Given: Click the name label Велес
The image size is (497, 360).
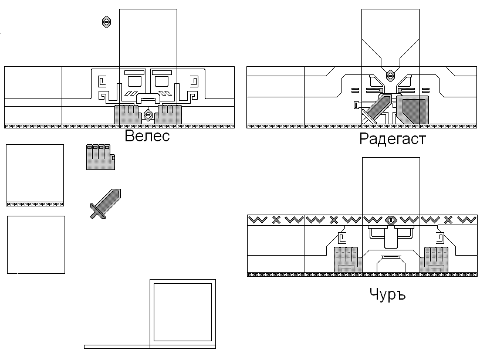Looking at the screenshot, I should coord(147,137).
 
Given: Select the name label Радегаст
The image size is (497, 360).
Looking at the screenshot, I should coord(392,139).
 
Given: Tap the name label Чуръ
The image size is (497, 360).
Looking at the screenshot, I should coord(387,293).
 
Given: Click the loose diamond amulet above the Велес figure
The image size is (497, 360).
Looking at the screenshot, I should coord(106,22).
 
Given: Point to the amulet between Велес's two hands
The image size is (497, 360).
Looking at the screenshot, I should coord(148,114).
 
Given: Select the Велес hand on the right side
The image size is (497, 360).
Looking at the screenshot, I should coord(170,114).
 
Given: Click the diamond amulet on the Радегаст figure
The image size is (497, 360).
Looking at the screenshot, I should coord(390,75).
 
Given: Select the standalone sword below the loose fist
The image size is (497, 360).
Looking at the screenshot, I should coord(105,203).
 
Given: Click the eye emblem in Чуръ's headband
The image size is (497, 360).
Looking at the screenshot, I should coord(391,220).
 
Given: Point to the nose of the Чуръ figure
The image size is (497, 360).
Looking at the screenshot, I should coord(391,239).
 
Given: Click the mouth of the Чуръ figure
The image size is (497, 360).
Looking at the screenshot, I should coord(391,258).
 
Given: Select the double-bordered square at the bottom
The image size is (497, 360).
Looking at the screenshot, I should coord(182,313).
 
